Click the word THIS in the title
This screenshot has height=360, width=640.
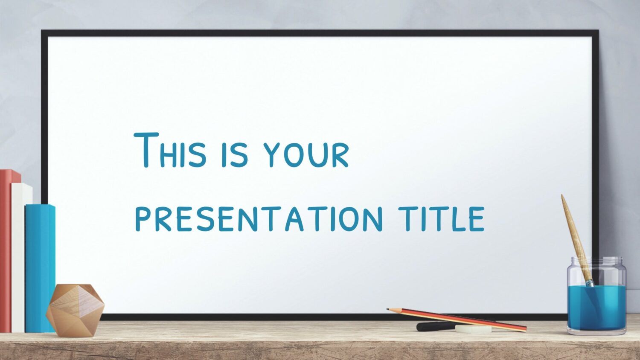pyautogui.click(x=170, y=150)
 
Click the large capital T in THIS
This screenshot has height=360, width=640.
pyautogui.click(x=146, y=150)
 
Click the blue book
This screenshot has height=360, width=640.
pyautogui.click(x=40, y=269)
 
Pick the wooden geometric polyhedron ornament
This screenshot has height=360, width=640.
pyautogui.click(x=75, y=310)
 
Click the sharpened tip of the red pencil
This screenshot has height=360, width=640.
pyautogui.click(x=387, y=309)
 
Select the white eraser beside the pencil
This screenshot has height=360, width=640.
pyautogui.click(x=473, y=329)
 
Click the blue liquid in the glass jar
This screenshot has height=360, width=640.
pyautogui.click(x=596, y=307)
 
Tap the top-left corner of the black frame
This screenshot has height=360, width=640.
pyautogui.click(x=41, y=30)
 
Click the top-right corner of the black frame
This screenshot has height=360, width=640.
pyautogui.click(x=598, y=30)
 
